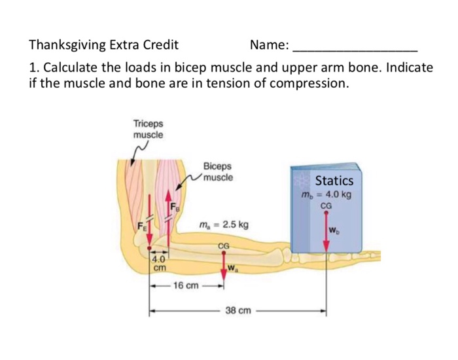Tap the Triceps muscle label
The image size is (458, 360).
tap(149, 128)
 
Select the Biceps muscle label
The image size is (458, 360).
tap(217, 172)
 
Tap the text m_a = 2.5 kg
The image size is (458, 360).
tap(223, 225)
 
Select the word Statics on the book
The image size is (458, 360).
tap(334, 180)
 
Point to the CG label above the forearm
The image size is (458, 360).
tap(223, 245)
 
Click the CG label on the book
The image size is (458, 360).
tap(326, 205)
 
